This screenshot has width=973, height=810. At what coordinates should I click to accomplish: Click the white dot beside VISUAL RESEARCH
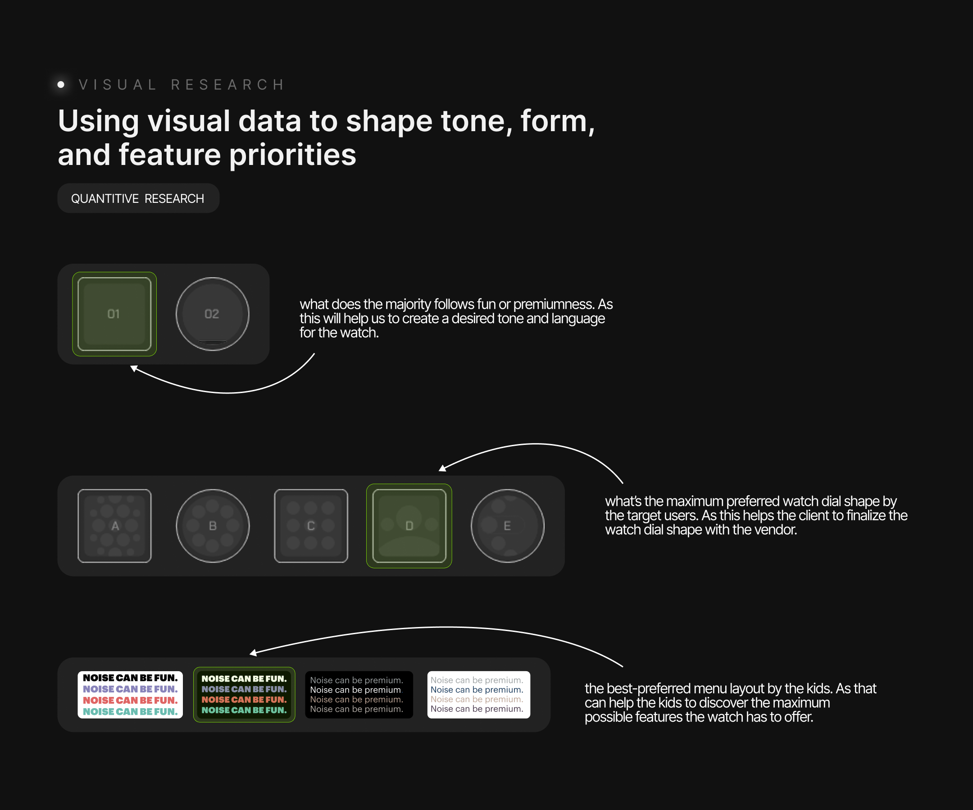click(x=61, y=84)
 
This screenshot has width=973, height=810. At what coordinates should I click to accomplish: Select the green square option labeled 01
click(x=114, y=314)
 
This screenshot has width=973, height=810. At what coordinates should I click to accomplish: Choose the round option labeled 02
click(x=212, y=314)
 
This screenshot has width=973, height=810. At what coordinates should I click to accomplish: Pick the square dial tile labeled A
click(x=114, y=526)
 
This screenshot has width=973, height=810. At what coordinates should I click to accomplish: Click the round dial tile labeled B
click(x=213, y=526)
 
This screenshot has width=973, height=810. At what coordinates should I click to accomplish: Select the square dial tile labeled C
click(x=311, y=526)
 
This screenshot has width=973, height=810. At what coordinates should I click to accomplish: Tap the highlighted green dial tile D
click(x=409, y=526)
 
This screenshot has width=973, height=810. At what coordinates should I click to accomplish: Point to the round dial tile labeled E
click(x=507, y=526)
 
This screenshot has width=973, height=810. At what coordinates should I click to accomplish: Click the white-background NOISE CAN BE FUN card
click(x=130, y=695)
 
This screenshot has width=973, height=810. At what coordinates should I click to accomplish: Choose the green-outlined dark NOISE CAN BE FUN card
click(x=244, y=695)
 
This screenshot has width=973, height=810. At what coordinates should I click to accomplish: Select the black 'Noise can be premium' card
click(x=359, y=695)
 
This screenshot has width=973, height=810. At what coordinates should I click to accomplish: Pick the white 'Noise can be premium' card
click(x=479, y=695)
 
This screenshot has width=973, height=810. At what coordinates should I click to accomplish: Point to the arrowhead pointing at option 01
click(x=134, y=369)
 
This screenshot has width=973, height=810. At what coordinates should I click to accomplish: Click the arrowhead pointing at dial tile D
click(x=442, y=468)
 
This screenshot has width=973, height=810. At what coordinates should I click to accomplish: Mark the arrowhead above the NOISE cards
click(x=253, y=653)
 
